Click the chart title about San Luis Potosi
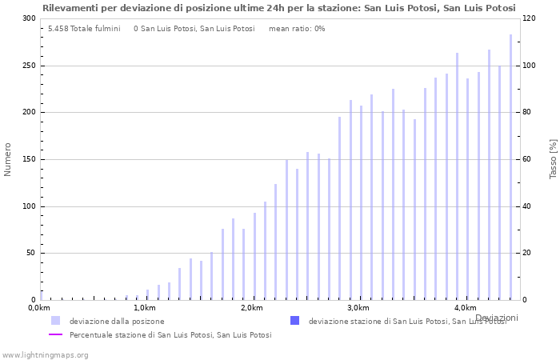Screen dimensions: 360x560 point(278,8)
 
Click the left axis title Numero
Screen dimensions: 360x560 point(8,159)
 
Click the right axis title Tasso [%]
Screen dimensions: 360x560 point(553,158)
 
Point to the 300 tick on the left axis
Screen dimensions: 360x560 point(28,18)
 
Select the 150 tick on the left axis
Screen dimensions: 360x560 point(28,159)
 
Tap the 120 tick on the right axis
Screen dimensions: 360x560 point(530,18)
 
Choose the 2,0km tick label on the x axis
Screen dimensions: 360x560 point(251,308)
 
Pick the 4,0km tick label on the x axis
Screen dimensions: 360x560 point(465,308)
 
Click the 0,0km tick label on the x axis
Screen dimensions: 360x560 point(39,308)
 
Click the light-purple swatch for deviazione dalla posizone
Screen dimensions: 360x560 point(55,321)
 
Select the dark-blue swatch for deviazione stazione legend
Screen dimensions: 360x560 point(294,321)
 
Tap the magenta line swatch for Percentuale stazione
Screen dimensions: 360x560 point(55,335)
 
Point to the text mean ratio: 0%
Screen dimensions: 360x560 point(297,29)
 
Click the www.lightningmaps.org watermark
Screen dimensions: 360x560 point(45,354)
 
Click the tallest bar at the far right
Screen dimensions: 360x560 point(510,167)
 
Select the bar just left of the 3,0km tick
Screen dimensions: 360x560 point(350,200)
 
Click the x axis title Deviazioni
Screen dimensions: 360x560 point(496,318)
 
